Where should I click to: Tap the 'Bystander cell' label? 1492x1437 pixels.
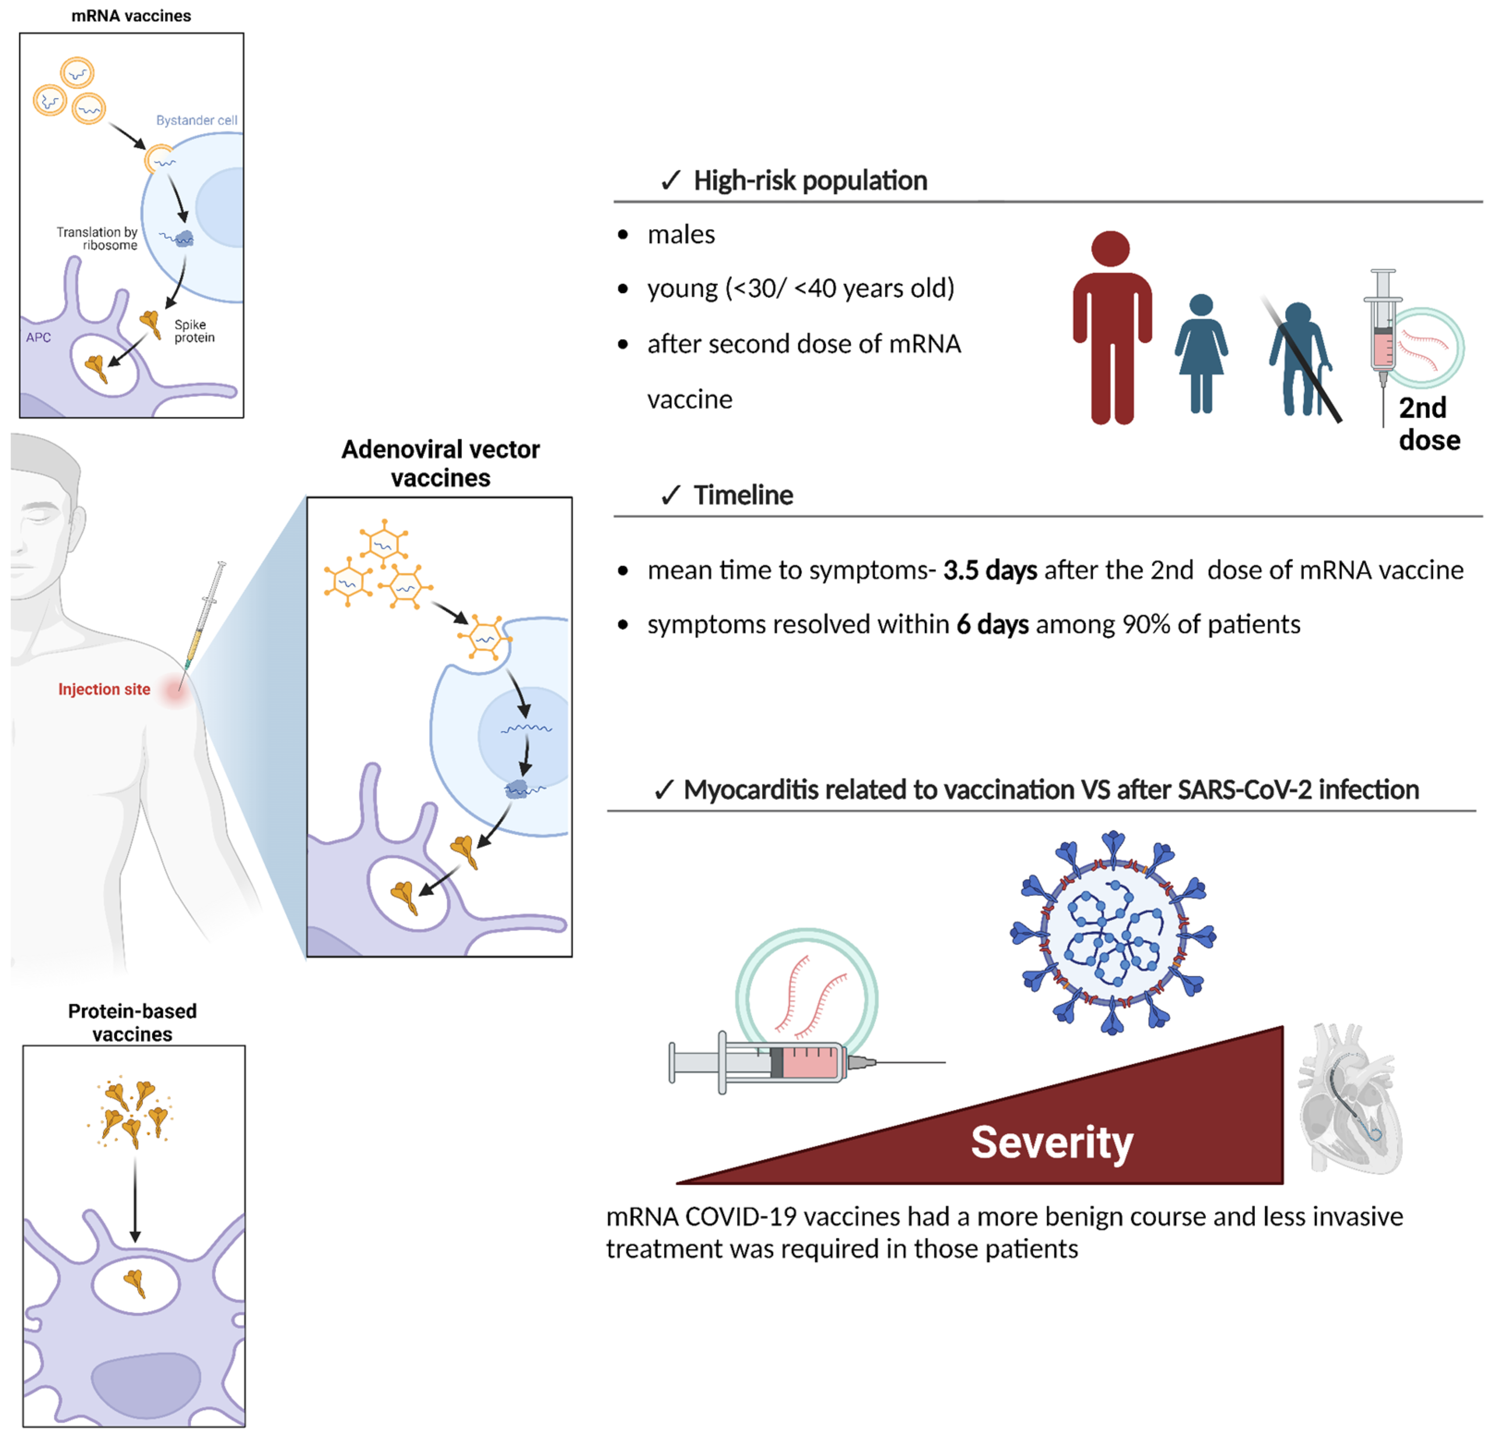[x=196, y=120]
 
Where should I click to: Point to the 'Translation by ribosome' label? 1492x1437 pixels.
[x=97, y=238]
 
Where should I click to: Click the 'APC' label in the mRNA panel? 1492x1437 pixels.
[x=38, y=337]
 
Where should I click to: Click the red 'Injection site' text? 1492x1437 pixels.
[x=104, y=689]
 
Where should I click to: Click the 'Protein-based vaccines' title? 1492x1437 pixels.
[x=133, y=1022]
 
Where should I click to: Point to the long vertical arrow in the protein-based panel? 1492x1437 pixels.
[x=135, y=1199]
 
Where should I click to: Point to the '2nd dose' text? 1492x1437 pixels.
[x=1428, y=424]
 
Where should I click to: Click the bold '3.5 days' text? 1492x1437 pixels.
[x=990, y=570]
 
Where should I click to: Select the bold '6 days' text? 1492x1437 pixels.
[x=992, y=625]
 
